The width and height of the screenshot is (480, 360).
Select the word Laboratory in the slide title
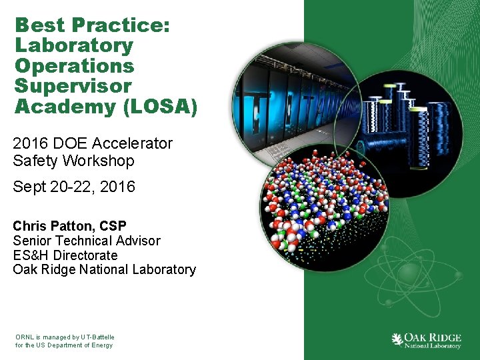point(74,46)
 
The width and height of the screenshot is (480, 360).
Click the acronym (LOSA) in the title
point(165,107)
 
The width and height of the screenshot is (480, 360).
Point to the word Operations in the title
point(74,66)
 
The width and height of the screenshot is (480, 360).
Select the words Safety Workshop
point(73,161)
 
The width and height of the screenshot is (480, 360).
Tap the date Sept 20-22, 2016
point(73,187)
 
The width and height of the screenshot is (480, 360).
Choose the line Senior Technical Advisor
point(87,241)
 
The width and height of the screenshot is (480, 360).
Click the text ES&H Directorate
point(65,255)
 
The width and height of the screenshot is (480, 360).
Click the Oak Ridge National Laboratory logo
point(426,340)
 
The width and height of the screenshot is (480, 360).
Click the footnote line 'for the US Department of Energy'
point(64,345)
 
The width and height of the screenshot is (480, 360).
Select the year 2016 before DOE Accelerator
point(30,143)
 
